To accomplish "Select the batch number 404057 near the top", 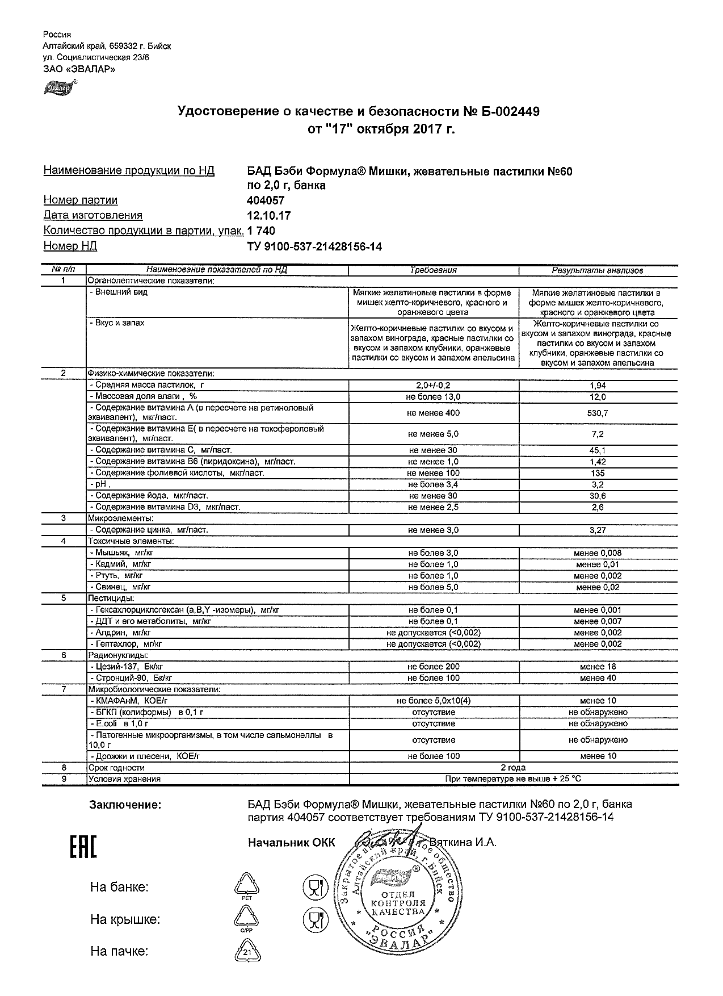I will [266, 200].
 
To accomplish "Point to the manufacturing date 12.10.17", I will [269, 215].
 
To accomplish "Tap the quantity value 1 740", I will [262, 231].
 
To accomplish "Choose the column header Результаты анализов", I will [598, 270].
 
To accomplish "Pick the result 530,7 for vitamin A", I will [598, 413].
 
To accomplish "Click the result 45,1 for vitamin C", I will [598, 450].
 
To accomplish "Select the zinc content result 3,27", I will [598, 530].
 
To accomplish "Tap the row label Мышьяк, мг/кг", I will [122, 553].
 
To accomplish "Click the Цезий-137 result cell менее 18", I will [598, 667].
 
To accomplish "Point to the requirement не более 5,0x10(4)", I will [433, 701].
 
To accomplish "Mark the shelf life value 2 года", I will [513, 768].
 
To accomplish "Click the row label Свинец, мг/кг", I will [120, 587].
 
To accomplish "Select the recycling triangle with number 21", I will [247, 951].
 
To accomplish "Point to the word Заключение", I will [125, 805].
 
